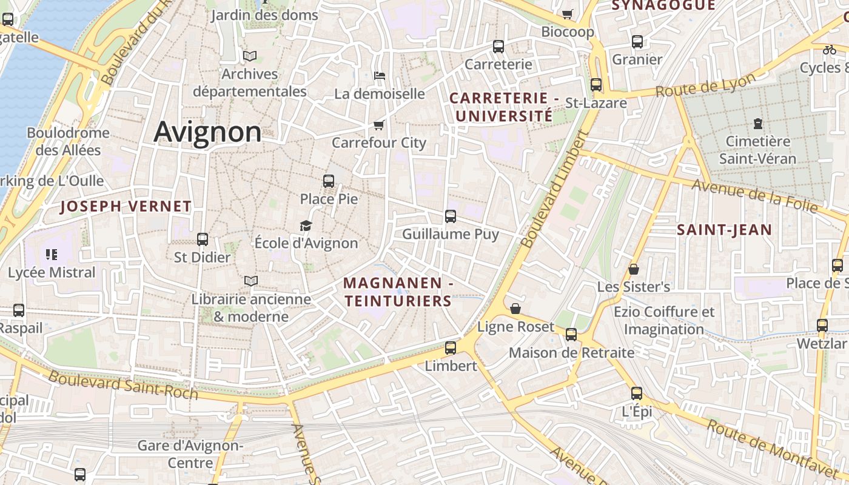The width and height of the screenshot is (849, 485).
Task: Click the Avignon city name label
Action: pos(207,132)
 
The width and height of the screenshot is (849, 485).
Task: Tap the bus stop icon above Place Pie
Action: pos(329,181)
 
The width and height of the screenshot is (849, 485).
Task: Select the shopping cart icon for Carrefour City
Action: pos(379,125)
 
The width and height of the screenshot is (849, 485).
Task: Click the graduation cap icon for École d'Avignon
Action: pos(306,226)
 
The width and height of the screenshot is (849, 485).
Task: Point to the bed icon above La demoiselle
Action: pos(380,76)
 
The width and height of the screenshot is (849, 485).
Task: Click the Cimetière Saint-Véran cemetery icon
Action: pos(757,124)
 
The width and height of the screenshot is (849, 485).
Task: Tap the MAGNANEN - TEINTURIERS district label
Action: pos(398,292)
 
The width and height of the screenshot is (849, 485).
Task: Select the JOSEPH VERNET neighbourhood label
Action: pos(126,206)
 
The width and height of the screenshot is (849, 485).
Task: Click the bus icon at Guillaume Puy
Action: pos(450,216)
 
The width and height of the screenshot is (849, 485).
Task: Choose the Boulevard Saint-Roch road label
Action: pos(123,385)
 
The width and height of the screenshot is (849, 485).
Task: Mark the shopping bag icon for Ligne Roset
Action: pos(515,309)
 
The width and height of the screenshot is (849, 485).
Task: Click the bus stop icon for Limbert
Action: pos(450,347)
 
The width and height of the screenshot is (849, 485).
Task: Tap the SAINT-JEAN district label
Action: pos(724,230)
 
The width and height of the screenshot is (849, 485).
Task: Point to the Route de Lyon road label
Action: pos(705,85)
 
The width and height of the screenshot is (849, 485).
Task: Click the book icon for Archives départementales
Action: pos(250,56)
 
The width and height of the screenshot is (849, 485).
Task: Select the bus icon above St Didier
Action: pos(203,239)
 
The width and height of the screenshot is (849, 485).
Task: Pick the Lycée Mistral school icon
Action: pos(52,255)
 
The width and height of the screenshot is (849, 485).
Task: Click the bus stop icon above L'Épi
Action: pos(636,393)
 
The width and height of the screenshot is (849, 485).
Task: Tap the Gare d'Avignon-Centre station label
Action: pos(190,454)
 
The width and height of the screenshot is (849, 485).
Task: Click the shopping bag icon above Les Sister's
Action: pos(634,269)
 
